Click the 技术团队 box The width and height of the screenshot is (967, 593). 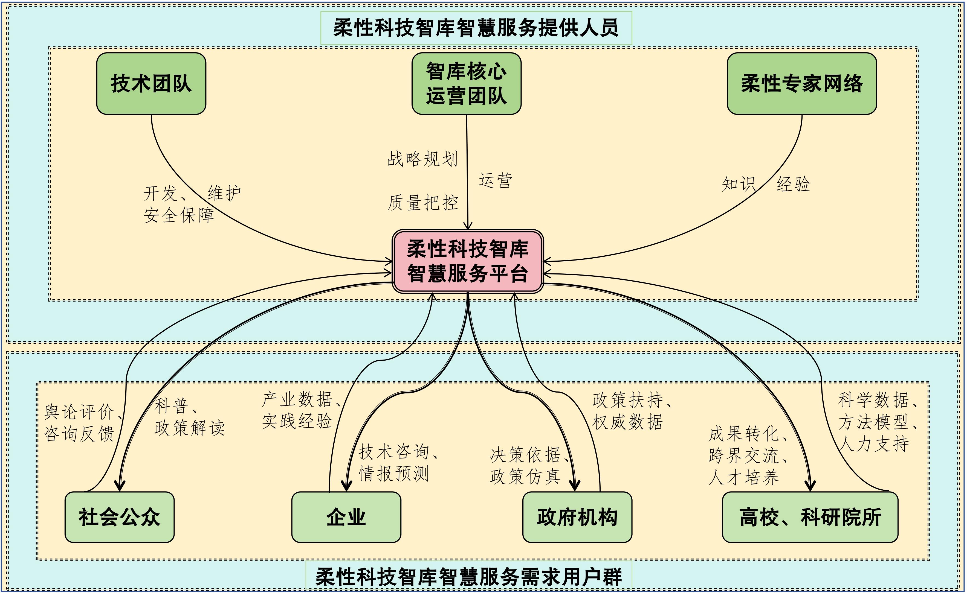(151, 84)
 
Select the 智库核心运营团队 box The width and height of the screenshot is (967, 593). (466, 84)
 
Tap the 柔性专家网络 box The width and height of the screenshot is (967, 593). (801, 84)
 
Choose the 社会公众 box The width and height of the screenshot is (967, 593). (119, 517)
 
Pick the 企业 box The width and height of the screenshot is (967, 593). (346, 517)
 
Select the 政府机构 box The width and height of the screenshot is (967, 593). (577, 517)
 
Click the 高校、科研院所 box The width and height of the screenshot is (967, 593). (810, 517)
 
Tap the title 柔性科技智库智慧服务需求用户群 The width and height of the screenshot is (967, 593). (468, 577)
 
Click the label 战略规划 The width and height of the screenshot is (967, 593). (423, 159)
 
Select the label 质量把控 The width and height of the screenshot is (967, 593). (423, 203)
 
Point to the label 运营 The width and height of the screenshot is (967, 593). (495, 181)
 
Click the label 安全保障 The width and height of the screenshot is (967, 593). (179, 215)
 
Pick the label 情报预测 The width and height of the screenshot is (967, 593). (394, 473)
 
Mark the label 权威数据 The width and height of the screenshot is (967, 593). (627, 422)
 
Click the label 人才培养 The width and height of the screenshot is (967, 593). (743, 477)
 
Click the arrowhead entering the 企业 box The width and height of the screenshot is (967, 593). (346, 486)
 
